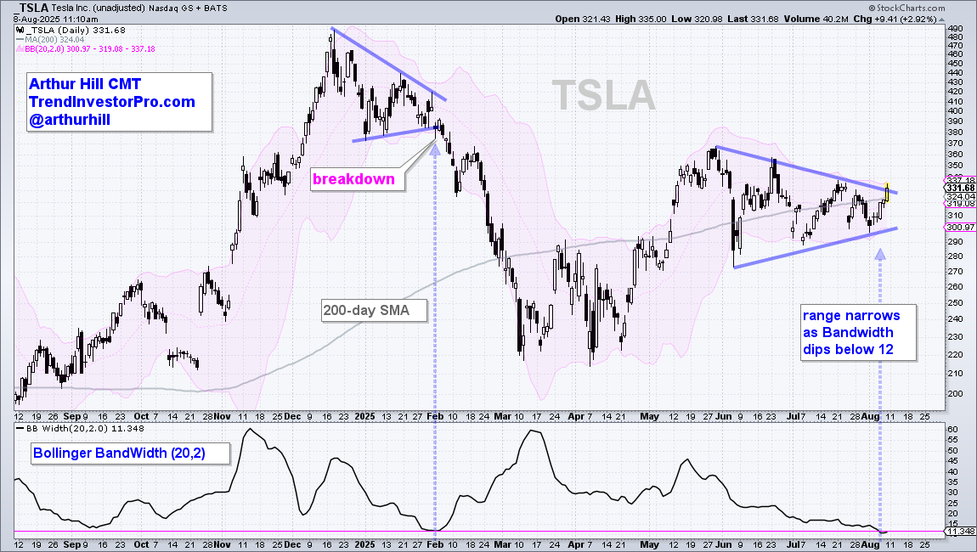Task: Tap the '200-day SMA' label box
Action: click(x=365, y=311)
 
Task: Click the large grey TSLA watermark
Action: click(x=604, y=95)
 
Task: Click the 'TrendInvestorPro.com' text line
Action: click(x=112, y=102)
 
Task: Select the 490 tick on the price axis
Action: click(x=954, y=27)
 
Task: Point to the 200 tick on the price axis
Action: click(x=954, y=393)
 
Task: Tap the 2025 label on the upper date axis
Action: click(x=364, y=416)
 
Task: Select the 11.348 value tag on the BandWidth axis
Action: click(x=961, y=532)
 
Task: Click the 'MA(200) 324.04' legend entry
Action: click(x=53, y=38)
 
